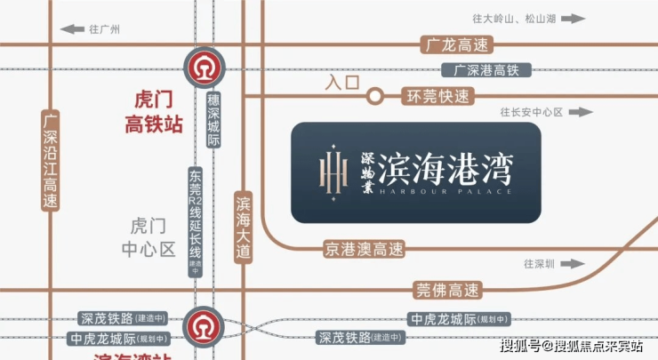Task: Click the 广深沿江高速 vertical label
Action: coord(52,160)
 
